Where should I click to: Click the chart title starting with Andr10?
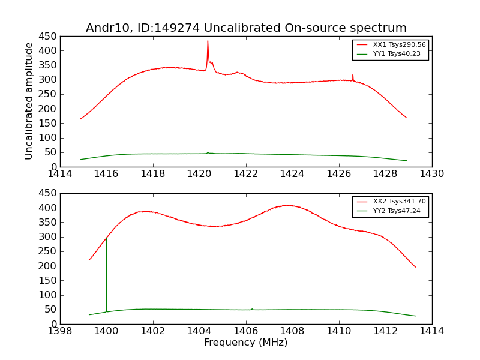[246, 28]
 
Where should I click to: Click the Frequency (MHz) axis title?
[246, 343]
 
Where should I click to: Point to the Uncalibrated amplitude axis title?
[29, 101]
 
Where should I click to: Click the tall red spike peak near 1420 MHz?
[208, 41]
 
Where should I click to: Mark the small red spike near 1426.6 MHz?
[353, 76]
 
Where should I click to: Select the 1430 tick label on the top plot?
[432, 174]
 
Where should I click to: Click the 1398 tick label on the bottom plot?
[60, 331]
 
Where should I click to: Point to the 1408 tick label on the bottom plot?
[292, 331]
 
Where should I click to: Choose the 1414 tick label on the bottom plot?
[432, 331]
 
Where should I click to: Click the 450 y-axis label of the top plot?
[48, 36]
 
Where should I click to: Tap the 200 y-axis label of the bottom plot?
[48, 266]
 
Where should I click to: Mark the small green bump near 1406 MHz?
[251, 309]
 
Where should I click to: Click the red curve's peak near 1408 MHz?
[288, 205]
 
